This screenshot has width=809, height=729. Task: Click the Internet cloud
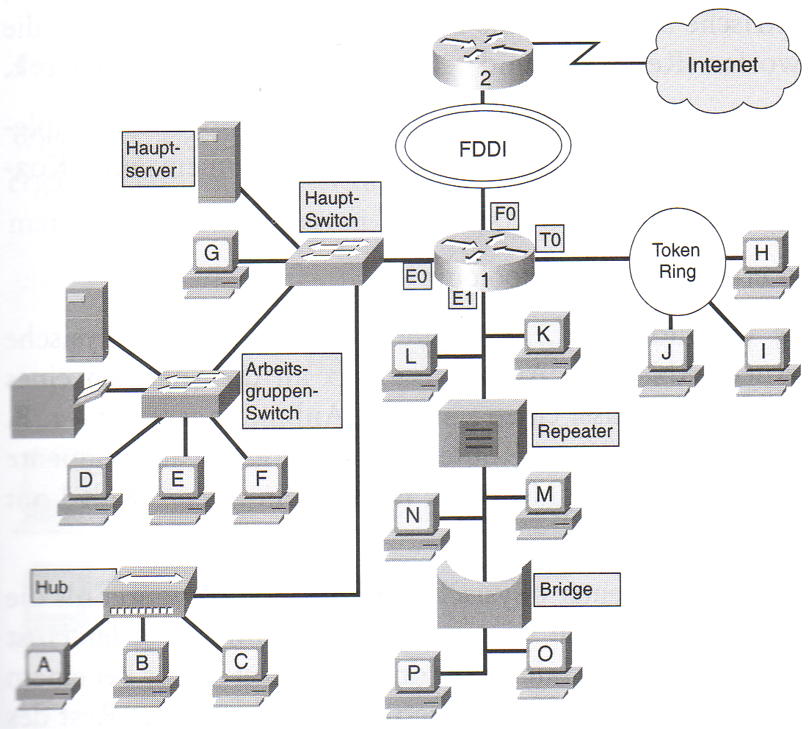pos(722,65)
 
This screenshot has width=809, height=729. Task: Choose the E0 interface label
pos(416,276)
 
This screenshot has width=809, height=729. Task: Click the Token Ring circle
pos(676,262)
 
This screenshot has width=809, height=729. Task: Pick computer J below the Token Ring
pos(667,358)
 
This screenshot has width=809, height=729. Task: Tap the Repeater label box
pos(575,431)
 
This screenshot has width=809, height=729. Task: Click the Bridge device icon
pos(484,593)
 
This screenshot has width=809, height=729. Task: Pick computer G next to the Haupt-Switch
pos(212,261)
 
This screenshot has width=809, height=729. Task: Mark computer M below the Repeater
pos(544,501)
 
